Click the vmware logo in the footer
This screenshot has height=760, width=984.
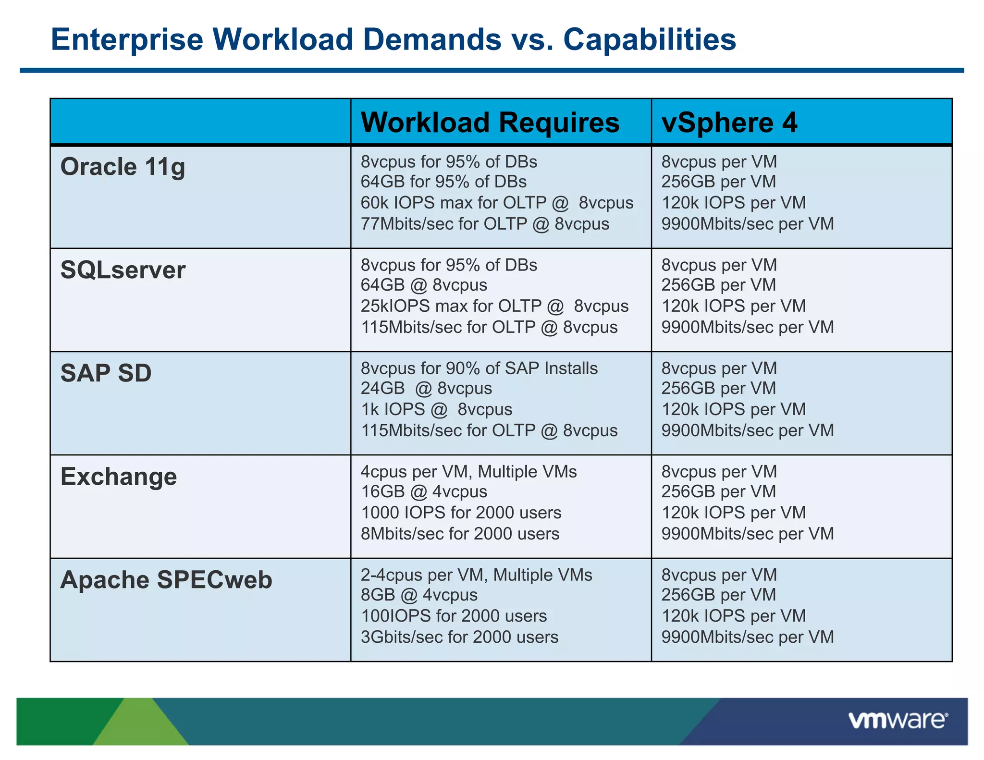coord(898,721)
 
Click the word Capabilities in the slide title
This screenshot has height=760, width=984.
coord(649,39)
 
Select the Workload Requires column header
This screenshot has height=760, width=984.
coord(490,123)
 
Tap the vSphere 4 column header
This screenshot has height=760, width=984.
coord(729,123)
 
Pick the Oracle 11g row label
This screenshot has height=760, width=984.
coord(123,167)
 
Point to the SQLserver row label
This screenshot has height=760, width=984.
coord(123,270)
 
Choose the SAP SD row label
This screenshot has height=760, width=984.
coord(106,373)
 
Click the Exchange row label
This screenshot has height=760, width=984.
coord(119,477)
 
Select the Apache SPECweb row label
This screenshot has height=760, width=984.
coord(166,580)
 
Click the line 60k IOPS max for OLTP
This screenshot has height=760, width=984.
coord(497,203)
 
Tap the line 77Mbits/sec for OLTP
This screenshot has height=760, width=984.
coord(485,224)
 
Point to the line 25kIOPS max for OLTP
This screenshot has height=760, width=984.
coord(494,306)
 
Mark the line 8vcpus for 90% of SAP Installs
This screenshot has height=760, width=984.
coord(479,368)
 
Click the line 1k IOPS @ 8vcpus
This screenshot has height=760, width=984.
coord(436,409)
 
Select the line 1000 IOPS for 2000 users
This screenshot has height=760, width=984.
coord(461,513)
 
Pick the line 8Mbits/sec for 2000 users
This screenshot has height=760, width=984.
coord(460,534)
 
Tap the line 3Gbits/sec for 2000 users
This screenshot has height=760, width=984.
coord(459,637)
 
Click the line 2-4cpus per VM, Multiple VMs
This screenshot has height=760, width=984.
coord(476,575)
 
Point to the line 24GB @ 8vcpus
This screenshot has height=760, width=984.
coord(426,388)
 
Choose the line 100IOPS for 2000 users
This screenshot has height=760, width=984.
coord(454,616)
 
